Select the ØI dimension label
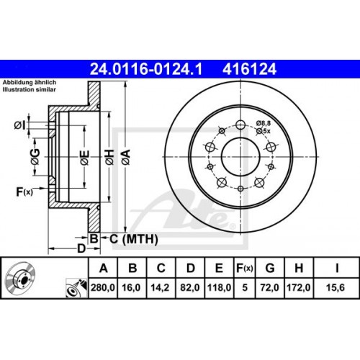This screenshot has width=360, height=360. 19,126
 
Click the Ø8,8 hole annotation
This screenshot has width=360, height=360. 265,125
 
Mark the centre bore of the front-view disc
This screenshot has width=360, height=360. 238,152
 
